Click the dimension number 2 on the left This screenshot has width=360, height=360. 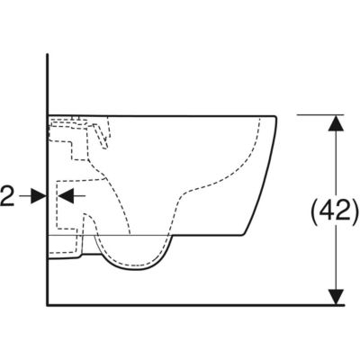(7, 196)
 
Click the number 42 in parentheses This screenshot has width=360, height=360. (335, 211)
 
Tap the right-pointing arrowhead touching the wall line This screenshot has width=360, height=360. (39, 196)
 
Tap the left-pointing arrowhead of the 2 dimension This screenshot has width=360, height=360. (66, 196)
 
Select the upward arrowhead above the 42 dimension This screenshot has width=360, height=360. (336, 123)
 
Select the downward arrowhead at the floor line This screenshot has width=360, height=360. (336, 297)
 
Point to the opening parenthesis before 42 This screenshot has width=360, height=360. (315, 211)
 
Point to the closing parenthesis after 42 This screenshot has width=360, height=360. (354, 211)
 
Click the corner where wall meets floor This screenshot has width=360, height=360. (48, 305)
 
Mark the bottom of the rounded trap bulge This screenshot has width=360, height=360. (134, 269)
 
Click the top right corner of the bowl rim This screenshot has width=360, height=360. (275, 116)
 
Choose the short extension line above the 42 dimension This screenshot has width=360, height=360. (320, 115)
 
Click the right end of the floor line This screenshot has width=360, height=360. (344, 305)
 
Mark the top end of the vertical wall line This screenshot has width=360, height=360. (48, 54)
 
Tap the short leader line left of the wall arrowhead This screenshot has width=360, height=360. (25, 196)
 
